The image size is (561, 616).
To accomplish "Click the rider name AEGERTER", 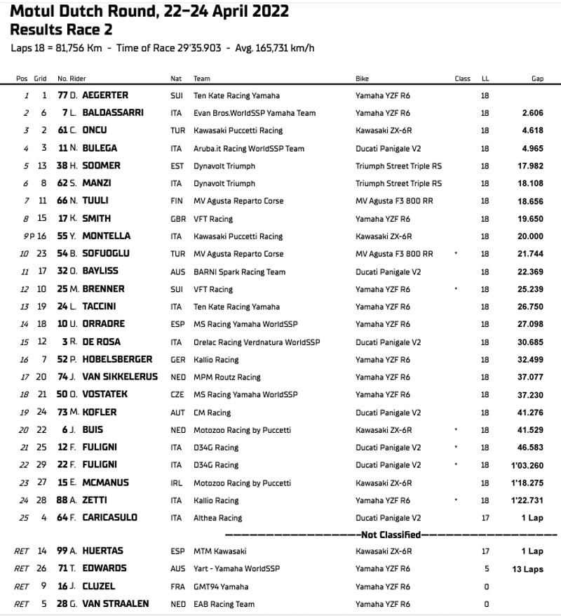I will [105, 95].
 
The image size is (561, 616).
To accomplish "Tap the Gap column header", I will [537, 79].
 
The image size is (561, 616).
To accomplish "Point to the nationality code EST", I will [177, 166].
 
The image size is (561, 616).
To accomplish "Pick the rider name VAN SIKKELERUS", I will [120, 377].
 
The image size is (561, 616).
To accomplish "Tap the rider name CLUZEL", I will [99, 587].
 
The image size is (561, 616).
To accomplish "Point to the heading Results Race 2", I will [60, 29].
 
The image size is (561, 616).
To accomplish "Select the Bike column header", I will [362, 79].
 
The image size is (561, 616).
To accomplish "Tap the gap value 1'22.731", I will [527, 500].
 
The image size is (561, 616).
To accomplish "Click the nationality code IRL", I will [177, 483].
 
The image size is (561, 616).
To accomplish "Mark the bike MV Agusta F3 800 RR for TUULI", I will [394, 201].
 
